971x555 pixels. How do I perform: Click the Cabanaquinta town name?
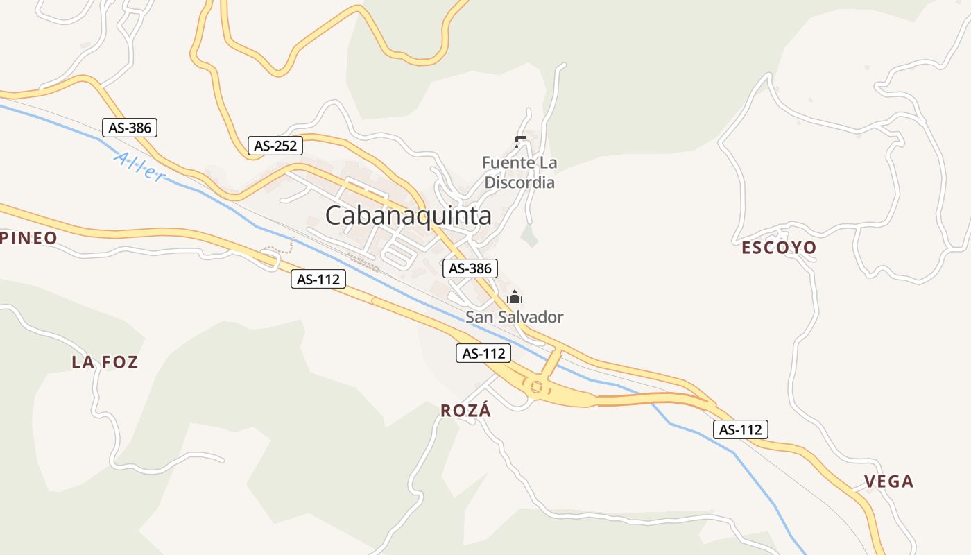tap(408, 215)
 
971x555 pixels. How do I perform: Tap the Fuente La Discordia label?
tap(519, 173)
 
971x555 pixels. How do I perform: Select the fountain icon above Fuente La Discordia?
tap(520, 142)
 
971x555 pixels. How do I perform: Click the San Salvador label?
tap(514, 317)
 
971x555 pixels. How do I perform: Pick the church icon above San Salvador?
tap(515, 298)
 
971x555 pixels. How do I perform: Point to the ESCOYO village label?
tap(779, 248)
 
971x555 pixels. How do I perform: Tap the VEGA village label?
tap(888, 481)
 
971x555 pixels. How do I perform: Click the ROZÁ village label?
tap(465, 410)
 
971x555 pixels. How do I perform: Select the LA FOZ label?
tap(105, 361)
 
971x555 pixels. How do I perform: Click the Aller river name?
tap(139, 167)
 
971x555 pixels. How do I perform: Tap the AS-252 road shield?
tap(275, 146)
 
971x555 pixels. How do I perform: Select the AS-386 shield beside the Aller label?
tap(130, 128)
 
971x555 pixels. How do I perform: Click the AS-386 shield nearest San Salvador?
tap(470, 268)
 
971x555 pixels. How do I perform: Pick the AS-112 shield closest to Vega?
tap(740, 429)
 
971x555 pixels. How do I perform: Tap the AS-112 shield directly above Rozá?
tap(483, 353)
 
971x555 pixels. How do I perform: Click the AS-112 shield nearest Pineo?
tap(318, 279)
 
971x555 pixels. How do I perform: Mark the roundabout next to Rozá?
tap(536, 387)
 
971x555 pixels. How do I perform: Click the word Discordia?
tap(519, 182)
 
